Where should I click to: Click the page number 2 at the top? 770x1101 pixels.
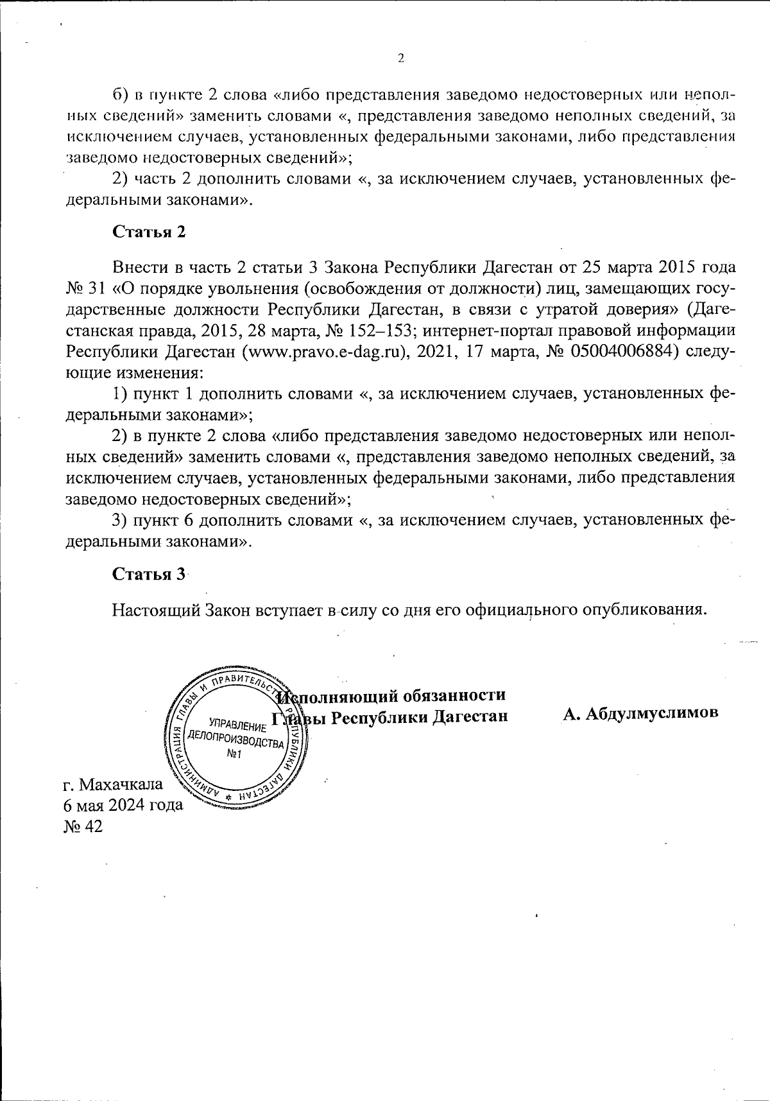click(x=401, y=58)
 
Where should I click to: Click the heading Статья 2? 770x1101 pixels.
click(x=149, y=232)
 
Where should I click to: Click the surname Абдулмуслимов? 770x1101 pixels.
click(x=641, y=715)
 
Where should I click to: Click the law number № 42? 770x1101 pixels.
click(x=83, y=826)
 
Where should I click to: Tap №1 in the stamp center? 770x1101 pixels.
click(x=234, y=755)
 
